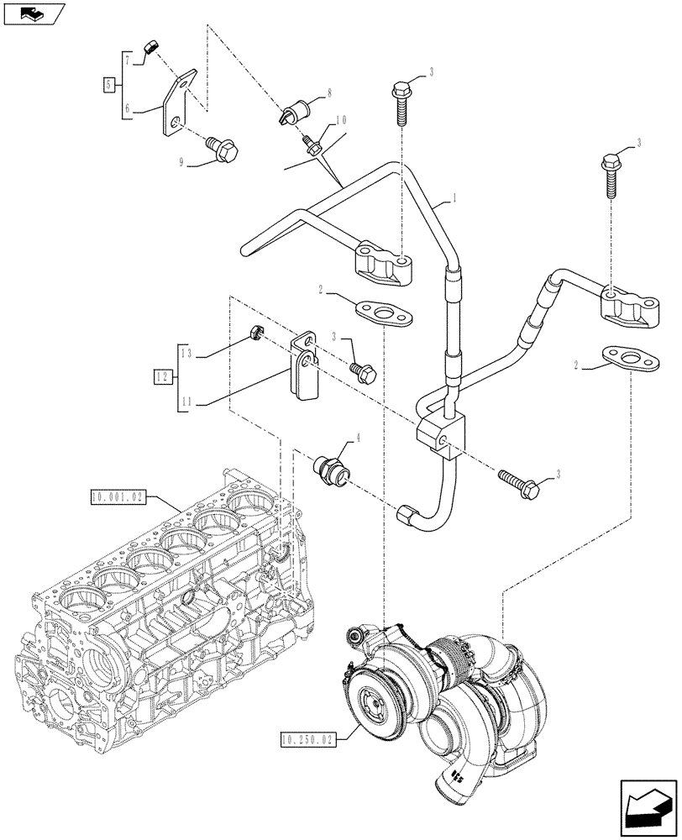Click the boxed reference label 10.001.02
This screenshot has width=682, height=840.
(118, 498)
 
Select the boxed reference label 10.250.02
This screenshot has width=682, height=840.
(306, 739)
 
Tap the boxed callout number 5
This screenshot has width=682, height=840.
(108, 84)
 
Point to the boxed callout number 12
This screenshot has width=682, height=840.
(163, 376)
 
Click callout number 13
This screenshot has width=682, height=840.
(186, 354)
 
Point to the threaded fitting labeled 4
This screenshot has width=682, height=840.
(331, 467)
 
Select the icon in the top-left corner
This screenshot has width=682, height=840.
(33, 13)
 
